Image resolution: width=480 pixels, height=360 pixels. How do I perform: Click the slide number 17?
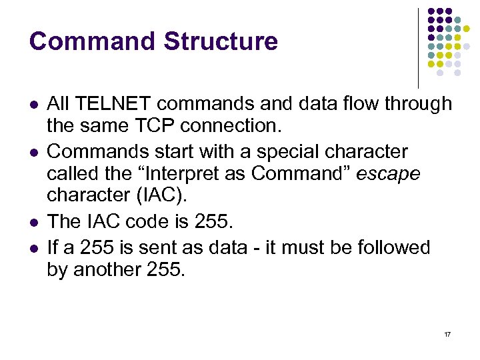point(447,333)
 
